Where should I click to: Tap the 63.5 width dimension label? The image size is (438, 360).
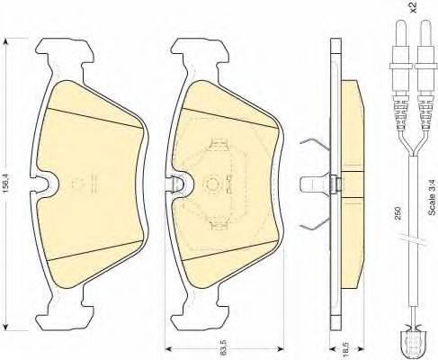223,347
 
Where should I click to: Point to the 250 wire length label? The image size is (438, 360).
398,213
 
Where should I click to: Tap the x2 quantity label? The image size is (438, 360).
414,7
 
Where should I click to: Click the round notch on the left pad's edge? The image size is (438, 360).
44,184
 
